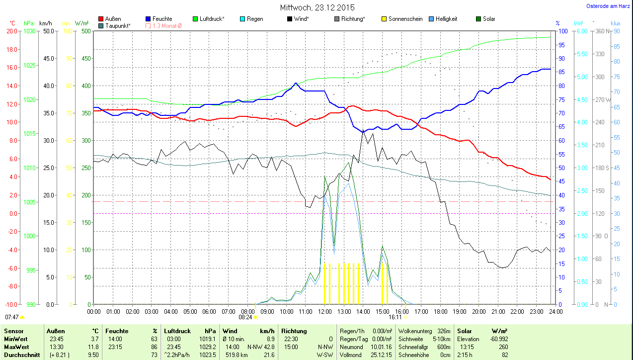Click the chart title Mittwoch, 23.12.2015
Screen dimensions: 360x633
pos(317,7)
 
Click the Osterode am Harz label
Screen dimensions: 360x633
pos(609,6)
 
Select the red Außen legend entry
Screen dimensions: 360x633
pos(113,19)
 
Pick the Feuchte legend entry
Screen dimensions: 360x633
pos(162,19)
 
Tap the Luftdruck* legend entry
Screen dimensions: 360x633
pos(212,19)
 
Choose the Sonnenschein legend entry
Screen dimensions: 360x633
pos(405,19)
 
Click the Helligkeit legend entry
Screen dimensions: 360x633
pos(446,19)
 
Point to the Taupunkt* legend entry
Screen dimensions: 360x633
pos(118,25)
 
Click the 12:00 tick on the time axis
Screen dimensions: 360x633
pos(324,312)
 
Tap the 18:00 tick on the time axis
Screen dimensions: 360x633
pos(440,312)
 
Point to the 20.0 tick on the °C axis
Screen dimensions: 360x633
pos(11,31)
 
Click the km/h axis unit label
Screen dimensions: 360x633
pos(45,23)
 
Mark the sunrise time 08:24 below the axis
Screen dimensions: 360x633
pos(245,317)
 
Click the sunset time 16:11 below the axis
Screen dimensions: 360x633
pos(395,317)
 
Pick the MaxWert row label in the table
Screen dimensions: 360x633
pos(16,347)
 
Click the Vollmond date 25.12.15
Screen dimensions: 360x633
pos(381,355)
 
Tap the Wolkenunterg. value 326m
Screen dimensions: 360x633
pos(444,331)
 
